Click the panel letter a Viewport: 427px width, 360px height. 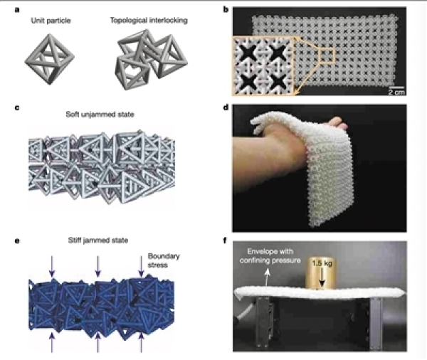(17, 10)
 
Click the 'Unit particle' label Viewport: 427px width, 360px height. (51, 21)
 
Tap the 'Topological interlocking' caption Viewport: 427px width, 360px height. (149, 21)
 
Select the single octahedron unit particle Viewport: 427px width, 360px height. (50, 59)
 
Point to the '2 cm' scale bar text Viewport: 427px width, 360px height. (396, 92)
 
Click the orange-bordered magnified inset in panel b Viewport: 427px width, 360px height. (263, 66)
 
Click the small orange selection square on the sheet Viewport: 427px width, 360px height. (327, 55)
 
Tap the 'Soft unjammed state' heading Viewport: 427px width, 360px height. (100, 115)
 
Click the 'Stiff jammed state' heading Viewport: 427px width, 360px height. (98, 240)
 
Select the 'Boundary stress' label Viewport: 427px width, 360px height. (164, 260)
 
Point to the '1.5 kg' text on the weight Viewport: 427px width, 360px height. (322, 263)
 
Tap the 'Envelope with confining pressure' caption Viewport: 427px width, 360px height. (270, 256)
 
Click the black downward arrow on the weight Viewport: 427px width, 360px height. (322, 277)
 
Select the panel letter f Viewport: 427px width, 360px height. (225, 240)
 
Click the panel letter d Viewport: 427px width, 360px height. (226, 107)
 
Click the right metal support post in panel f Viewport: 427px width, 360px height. (376, 323)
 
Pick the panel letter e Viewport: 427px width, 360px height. (17, 241)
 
